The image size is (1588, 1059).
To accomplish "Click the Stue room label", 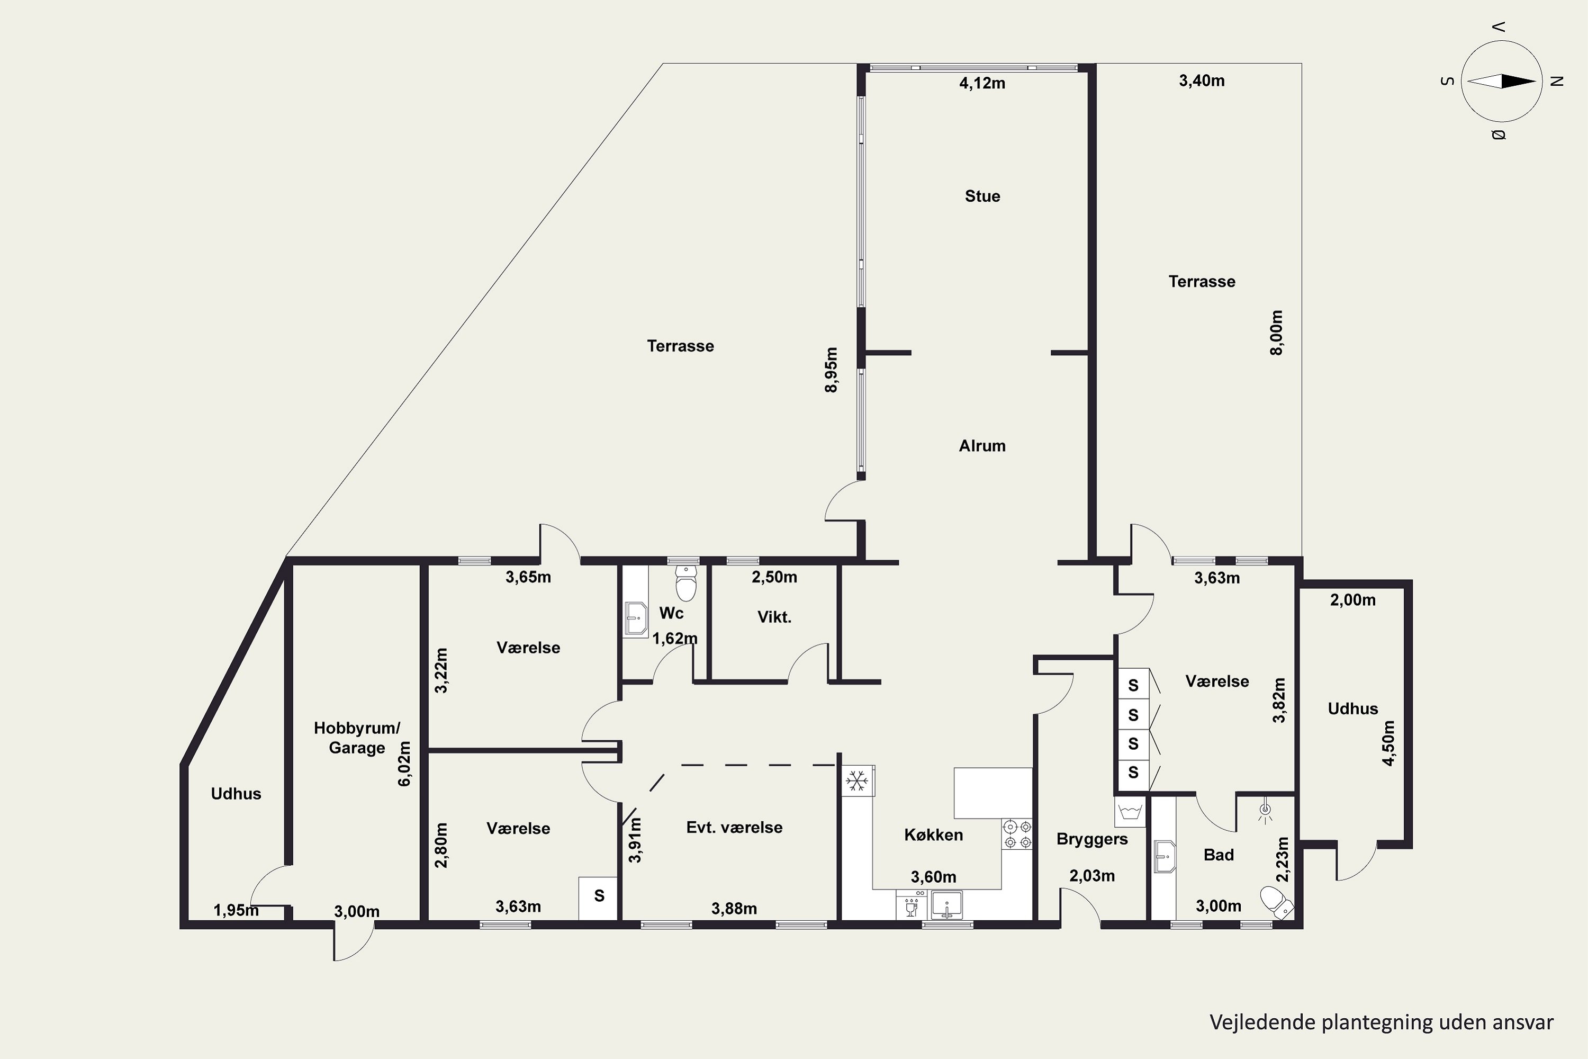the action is point(982,196).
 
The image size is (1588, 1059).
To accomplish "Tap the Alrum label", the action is point(982,446).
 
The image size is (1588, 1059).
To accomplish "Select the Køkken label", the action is point(934,835).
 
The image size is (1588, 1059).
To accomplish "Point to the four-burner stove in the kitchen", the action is point(1017,834).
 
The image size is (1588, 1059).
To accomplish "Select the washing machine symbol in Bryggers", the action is point(1130,812).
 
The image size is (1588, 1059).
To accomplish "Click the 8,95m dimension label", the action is point(831,370).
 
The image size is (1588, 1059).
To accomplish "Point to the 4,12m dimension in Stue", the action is point(982,83).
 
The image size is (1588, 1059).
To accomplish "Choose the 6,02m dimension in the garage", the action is point(404,764).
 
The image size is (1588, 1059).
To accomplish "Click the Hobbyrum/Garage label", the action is point(357,738).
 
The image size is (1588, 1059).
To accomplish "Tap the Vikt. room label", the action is point(774,617).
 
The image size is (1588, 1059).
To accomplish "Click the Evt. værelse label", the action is point(735,827).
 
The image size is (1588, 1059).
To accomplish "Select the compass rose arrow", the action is point(1502,82).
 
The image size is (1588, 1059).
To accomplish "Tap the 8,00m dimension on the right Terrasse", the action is point(1276,333).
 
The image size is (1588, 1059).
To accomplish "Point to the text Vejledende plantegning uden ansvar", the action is point(1382,1022).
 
